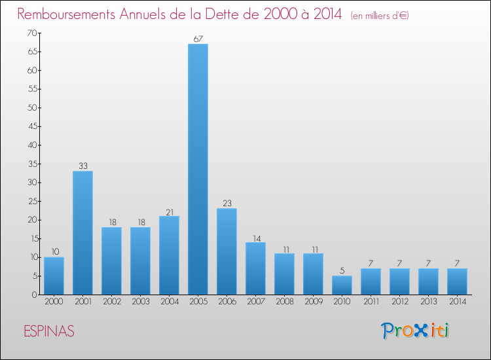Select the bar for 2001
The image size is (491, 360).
pyautogui.click(x=82, y=232)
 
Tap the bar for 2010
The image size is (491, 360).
pyautogui.click(x=342, y=285)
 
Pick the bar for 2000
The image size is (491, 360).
pyautogui.click(x=54, y=276)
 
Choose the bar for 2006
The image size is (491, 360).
pyautogui.click(x=227, y=251)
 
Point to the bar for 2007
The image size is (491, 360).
pyautogui.click(x=255, y=268)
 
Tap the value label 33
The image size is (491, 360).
pyautogui.click(x=82, y=166)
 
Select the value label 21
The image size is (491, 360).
pyautogui.click(x=169, y=211)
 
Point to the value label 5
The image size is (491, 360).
pyautogui.click(x=342, y=271)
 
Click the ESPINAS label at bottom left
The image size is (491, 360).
pyautogui.click(x=46, y=331)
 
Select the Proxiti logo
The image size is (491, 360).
pyautogui.click(x=416, y=331)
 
